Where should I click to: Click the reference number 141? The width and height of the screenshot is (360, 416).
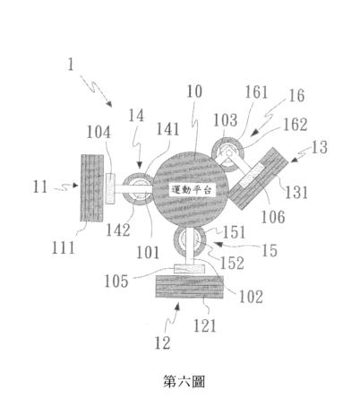coord(167,129)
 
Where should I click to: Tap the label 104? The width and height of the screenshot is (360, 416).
coord(99,132)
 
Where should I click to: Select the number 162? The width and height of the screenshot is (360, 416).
coord(295,125)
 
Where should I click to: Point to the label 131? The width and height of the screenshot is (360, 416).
coord(296,192)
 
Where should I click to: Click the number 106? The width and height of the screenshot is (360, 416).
coord(273,217)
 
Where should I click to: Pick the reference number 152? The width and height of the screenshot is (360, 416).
coord(232,263)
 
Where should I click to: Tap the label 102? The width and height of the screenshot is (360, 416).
coord(251,297)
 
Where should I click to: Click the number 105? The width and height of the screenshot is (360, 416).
coord(116,282)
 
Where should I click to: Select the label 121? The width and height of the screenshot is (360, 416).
coord(205,325)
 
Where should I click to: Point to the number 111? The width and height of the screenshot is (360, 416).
coord(63,247)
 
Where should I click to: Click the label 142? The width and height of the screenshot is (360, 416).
coord(118,230)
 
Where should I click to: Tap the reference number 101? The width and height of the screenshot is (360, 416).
coord(148,253)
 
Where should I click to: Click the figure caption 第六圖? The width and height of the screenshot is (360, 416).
coord(184,381)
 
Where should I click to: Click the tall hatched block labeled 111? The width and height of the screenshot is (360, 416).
coord(92,187)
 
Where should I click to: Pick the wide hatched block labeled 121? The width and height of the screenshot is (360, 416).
coord(190,286)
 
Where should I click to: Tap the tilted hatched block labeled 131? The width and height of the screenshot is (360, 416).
coord(258,178)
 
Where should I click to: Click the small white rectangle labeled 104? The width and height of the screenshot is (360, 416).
coord(110,188)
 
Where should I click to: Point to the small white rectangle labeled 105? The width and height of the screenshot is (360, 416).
coord(189,269)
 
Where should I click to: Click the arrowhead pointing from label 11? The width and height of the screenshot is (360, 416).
coord(75,186)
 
